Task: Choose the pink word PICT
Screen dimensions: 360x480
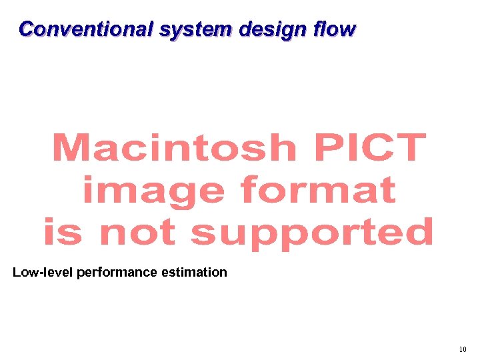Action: click(369, 147)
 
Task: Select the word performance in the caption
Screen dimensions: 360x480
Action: click(120, 273)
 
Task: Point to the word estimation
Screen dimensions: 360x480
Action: click(197, 272)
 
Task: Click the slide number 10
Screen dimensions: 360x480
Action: click(463, 349)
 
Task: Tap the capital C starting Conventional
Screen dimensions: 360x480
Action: click(27, 29)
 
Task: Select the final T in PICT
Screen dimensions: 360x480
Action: click(408, 147)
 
